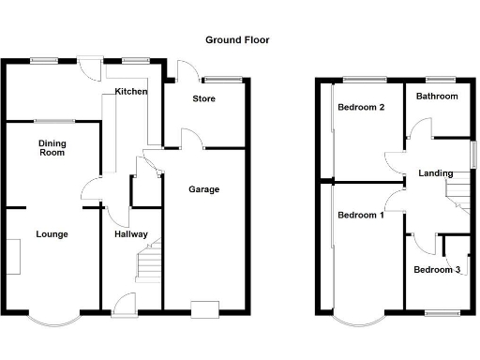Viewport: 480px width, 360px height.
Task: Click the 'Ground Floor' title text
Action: tap(237, 40)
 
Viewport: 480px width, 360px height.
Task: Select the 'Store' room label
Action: tap(204, 98)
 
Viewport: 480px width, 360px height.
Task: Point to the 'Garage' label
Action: tap(203, 189)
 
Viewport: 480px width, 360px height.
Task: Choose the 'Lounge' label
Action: tap(52, 233)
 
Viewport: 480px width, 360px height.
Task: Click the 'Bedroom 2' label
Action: tap(362, 107)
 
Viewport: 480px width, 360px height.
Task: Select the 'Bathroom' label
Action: tap(437, 97)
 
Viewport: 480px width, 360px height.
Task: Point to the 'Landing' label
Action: tap(436, 173)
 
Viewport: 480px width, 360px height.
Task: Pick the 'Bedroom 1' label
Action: tap(361, 216)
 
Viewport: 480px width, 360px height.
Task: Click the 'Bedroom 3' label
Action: tap(437, 270)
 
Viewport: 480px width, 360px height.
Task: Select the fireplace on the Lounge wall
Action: tap(13, 256)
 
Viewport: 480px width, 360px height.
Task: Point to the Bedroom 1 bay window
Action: tap(358, 319)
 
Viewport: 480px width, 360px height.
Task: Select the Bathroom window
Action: tap(437, 78)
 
